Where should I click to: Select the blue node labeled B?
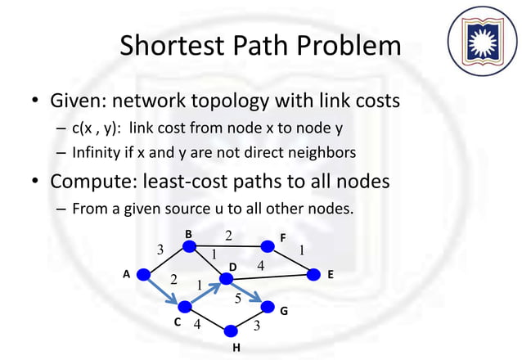(190, 245)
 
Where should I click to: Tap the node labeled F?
(267, 245)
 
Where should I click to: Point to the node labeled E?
(313, 276)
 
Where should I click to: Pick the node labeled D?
(227, 281)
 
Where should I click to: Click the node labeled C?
(185, 308)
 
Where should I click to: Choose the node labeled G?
(268, 308)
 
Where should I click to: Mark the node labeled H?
(232, 331)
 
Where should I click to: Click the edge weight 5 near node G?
(237, 298)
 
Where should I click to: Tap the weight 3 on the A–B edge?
(160, 249)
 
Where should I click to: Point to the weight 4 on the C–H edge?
(196, 324)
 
